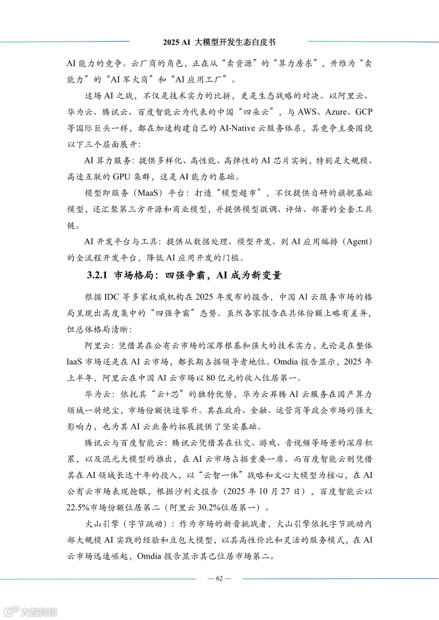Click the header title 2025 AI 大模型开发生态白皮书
tap(219, 42)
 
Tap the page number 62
tap(219, 579)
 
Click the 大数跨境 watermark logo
tap(31, 611)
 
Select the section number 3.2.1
tap(97, 275)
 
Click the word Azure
tap(336, 112)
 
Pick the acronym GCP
tap(364, 112)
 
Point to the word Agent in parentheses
tap(358, 242)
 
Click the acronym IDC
tap(111, 297)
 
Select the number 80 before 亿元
tap(211, 378)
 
